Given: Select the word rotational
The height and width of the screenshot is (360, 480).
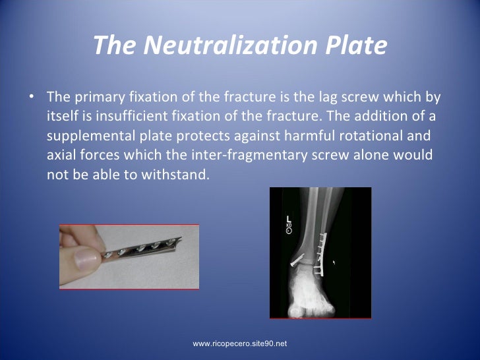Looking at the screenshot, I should (363, 136).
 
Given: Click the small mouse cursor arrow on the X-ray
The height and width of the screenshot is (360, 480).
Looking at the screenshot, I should (334, 262).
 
